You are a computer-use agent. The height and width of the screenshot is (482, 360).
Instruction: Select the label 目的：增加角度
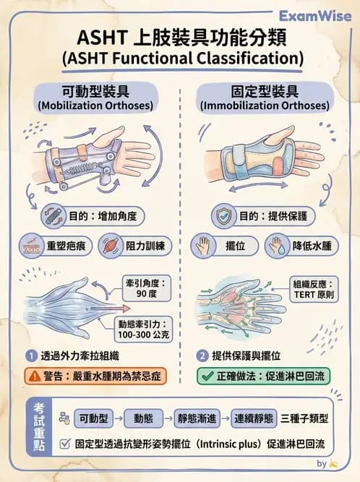click(100, 216)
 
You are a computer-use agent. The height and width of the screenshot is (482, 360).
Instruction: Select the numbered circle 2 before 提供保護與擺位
click(202, 356)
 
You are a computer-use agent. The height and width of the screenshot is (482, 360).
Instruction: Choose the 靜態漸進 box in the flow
click(196, 418)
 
